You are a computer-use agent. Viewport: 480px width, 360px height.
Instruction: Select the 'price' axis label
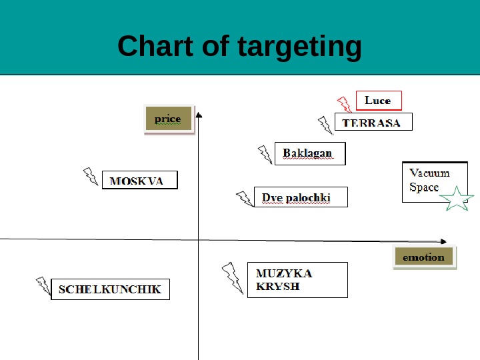click(x=168, y=119)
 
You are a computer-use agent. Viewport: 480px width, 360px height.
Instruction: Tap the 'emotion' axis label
click(x=423, y=257)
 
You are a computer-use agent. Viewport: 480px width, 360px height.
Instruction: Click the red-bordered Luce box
click(x=379, y=100)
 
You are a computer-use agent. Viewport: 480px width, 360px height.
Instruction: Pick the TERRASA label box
click(x=373, y=122)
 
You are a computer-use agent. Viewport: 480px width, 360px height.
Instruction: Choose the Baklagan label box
click(x=310, y=153)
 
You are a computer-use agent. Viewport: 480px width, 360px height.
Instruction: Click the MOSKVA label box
click(x=139, y=181)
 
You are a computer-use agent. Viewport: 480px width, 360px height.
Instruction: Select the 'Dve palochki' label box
click(x=301, y=197)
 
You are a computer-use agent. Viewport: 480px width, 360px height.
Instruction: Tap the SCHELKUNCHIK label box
click(x=110, y=289)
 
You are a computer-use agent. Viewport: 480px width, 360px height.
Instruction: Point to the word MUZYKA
click(x=284, y=273)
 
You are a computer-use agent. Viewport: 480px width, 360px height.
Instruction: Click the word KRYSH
click(x=278, y=287)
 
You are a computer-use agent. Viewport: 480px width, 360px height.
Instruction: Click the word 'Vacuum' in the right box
click(x=429, y=173)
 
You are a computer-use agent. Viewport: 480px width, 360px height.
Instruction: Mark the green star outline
click(x=457, y=199)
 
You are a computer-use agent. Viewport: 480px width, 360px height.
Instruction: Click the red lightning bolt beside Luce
click(x=344, y=105)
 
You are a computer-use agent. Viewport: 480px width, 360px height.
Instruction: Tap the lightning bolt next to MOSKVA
click(x=90, y=176)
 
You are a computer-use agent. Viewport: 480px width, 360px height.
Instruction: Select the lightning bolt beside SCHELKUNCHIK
click(x=43, y=286)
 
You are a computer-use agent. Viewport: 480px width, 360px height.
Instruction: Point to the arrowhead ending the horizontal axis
click(x=442, y=241)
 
